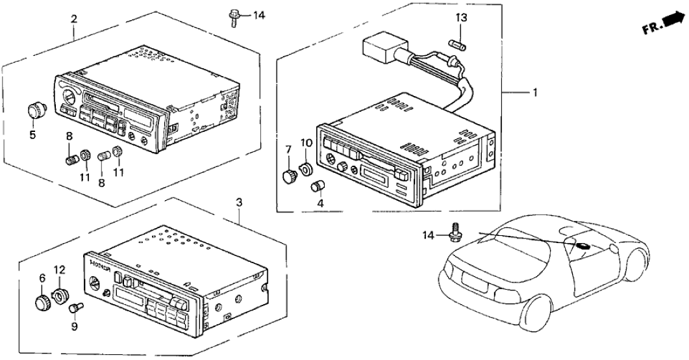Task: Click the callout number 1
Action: pos(535,93)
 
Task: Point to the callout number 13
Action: pos(460,18)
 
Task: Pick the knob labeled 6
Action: pos(44,302)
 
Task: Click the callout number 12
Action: pos(59,269)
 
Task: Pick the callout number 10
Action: pos(305,143)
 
